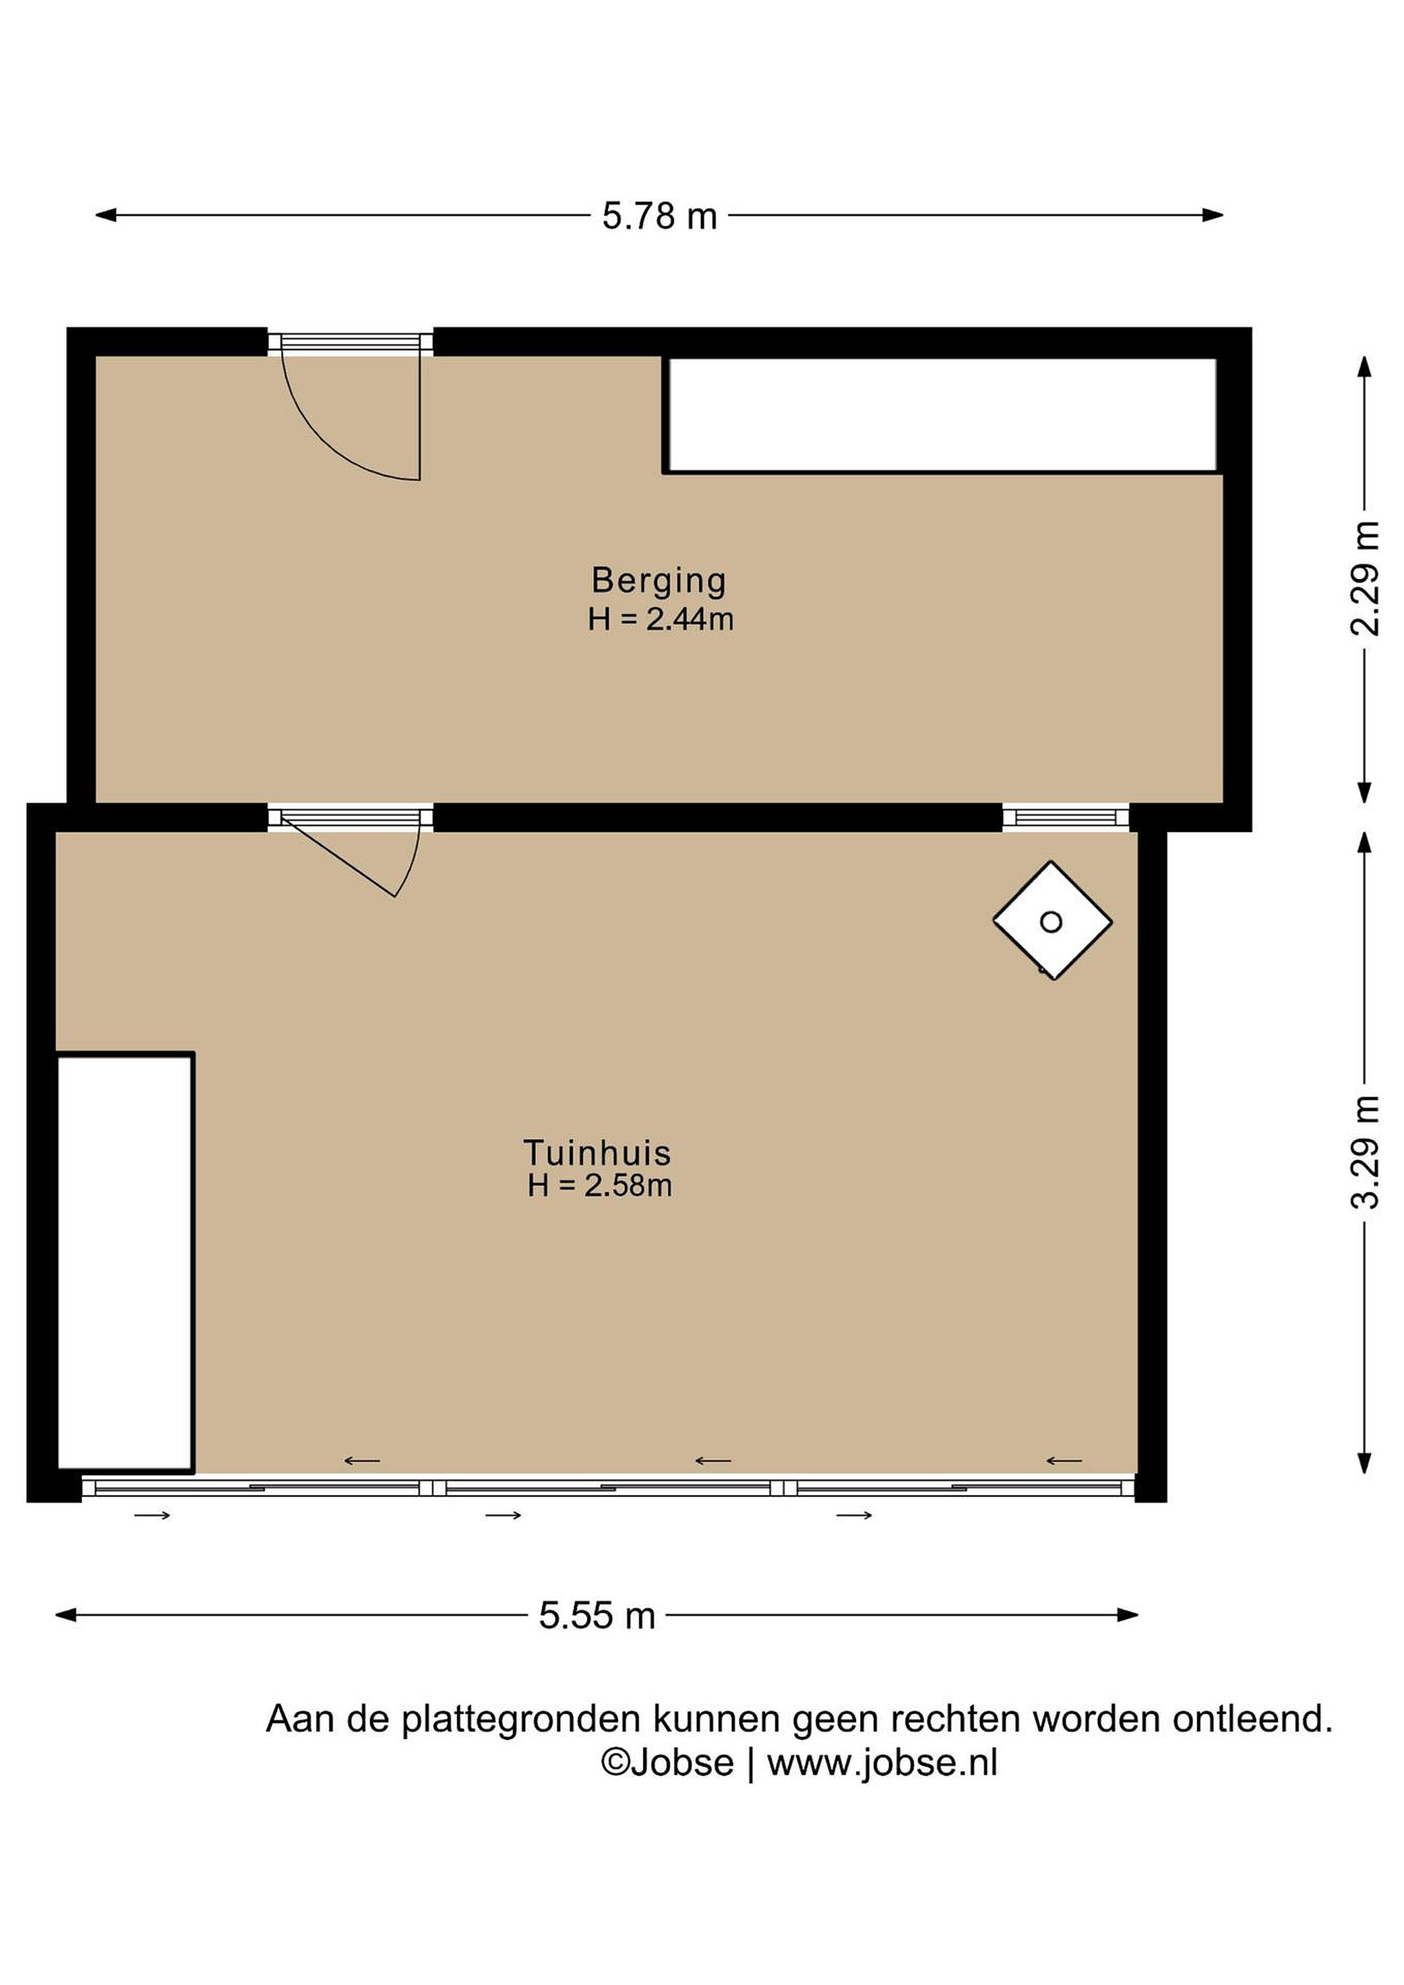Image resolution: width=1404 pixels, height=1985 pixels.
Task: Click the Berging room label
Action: point(659,581)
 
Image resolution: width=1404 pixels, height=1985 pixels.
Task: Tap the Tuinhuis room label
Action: point(598,1153)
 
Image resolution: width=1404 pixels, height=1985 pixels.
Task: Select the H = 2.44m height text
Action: point(660,620)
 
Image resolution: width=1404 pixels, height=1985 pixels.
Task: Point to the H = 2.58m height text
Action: point(600,1185)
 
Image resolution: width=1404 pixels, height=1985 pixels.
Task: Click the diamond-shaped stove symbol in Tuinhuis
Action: point(1052,921)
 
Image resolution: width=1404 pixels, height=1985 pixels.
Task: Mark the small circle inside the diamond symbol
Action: point(1051,922)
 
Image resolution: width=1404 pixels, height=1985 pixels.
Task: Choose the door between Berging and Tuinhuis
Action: point(351,852)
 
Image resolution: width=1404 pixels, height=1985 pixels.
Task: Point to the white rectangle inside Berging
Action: point(942,415)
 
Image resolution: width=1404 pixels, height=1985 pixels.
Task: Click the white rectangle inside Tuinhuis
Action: point(125,1262)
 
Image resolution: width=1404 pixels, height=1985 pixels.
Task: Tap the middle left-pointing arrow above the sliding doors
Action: point(713,1461)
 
